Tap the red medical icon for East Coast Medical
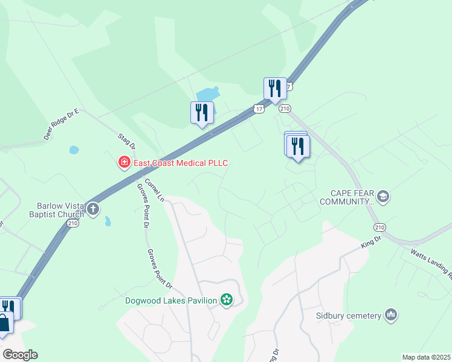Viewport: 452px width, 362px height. [x=124, y=162]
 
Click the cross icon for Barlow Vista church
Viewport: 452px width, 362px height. [x=92, y=209]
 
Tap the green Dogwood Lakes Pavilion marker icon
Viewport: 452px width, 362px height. [x=227, y=299]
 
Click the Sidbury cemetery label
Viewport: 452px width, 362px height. [x=348, y=315]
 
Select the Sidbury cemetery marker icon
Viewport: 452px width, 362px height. [x=390, y=315]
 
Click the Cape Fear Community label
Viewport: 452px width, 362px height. [x=349, y=197]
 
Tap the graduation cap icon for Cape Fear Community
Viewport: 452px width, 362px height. [x=383, y=197]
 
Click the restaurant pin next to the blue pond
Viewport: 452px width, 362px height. [x=202, y=113]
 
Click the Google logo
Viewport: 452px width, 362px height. [x=20, y=355]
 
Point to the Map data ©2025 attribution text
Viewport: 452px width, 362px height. [x=426, y=357]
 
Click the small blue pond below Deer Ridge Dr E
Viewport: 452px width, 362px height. [x=74, y=150]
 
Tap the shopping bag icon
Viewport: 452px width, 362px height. [x=4, y=322]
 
